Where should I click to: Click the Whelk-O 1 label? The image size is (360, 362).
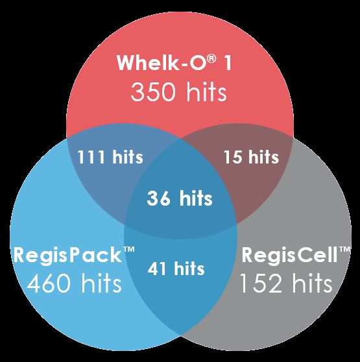click(174, 62)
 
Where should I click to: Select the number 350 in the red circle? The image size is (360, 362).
click(153, 92)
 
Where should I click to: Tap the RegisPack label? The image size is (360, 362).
click(74, 255)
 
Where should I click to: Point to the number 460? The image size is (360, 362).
click(49, 284)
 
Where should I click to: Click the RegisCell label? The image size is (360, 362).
click(296, 255)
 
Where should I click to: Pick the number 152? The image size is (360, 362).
click(261, 284)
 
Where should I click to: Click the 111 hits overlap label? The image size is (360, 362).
click(110, 157)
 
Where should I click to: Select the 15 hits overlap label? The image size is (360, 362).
click(251, 157)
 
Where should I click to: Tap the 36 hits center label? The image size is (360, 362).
click(180, 198)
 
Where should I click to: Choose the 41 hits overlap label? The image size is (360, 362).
click(176, 269)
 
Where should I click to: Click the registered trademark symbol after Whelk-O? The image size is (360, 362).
click(211, 59)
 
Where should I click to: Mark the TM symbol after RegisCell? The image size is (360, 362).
click(345, 249)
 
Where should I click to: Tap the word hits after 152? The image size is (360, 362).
click(313, 282)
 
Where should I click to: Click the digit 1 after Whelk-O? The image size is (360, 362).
click(228, 62)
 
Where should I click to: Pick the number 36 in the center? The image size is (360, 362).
click(159, 199)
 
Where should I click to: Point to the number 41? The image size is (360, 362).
click(157, 269)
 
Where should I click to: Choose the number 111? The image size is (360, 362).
click(91, 157)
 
